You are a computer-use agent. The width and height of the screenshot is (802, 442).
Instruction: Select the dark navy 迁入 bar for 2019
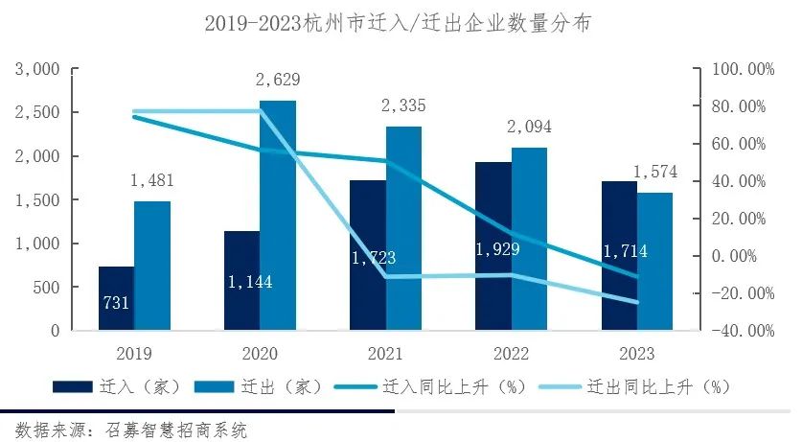[x=116, y=298]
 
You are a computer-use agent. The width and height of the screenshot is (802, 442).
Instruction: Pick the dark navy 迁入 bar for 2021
[x=367, y=255]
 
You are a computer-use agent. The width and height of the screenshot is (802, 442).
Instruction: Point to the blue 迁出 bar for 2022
[x=529, y=239]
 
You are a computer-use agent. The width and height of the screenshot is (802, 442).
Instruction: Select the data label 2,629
[x=278, y=81]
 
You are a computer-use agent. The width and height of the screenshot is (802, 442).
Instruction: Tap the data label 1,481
[x=152, y=181]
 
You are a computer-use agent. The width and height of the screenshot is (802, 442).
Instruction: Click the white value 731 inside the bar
[x=116, y=305]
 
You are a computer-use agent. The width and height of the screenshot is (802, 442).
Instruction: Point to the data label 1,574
[x=655, y=173]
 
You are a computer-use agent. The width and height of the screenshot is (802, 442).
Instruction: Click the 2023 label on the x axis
[x=637, y=352]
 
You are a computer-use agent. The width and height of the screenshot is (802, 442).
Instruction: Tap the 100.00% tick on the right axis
[x=739, y=70]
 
